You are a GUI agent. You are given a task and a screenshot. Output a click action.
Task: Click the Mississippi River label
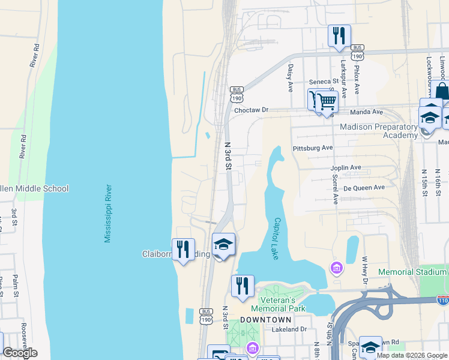point(109,214)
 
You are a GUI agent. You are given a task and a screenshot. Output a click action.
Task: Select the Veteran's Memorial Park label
point(283,304)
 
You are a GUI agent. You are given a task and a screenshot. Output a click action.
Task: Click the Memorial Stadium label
point(413,272)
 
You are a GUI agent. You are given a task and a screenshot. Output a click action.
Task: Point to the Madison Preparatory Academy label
point(378,131)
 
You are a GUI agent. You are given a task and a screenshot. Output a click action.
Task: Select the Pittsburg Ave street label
point(312,148)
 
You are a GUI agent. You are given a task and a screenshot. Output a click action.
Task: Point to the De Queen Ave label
point(364,187)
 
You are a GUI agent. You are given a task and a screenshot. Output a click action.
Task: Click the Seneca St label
point(324,82)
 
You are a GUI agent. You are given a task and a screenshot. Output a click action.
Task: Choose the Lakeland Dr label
point(289,329)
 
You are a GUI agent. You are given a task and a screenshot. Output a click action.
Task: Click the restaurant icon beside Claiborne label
point(183,249)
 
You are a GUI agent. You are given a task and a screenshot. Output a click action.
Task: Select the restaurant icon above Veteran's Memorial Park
point(243,286)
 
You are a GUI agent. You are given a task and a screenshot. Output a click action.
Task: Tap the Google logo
point(20,353)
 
